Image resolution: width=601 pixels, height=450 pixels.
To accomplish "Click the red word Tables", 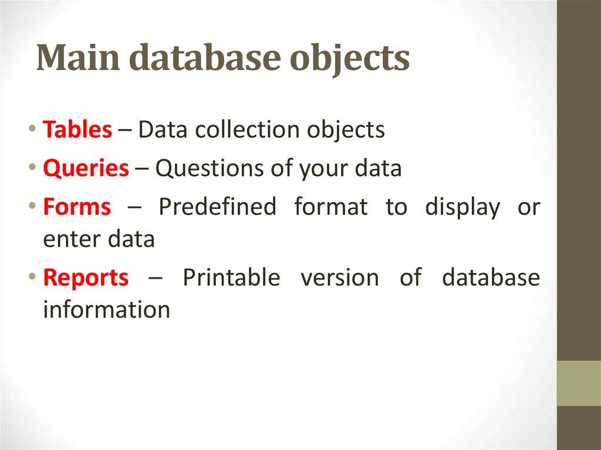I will tap(77, 129).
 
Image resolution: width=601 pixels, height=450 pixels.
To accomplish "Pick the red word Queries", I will tap(86, 169).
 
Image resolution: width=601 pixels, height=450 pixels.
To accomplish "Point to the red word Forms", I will tap(77, 207).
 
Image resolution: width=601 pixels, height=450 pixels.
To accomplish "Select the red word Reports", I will tap(86, 277).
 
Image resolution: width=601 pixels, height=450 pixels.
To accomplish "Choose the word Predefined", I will tap(217, 207).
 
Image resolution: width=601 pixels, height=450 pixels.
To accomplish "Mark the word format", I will tap(331, 207).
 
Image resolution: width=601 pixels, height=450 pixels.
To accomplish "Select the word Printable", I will tap(231, 277).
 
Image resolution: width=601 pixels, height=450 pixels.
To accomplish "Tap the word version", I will tap(340, 277).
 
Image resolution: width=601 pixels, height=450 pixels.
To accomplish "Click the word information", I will tap(107, 309).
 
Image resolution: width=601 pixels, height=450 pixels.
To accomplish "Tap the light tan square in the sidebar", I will tap(579, 383).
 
